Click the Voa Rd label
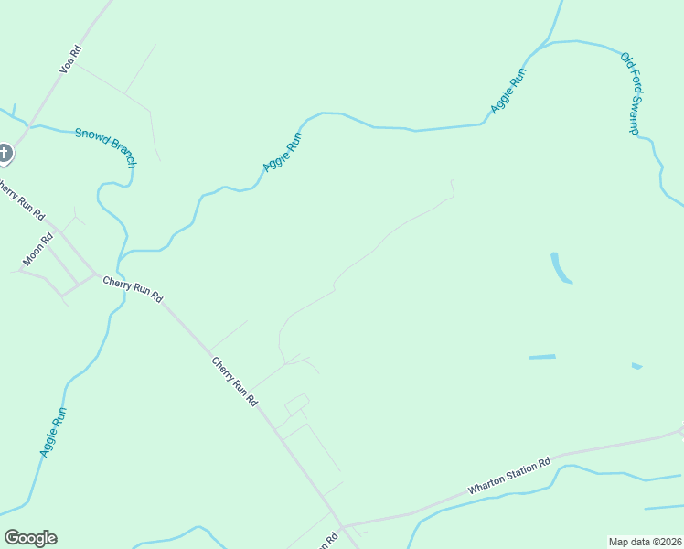[x=70, y=59]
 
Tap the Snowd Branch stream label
[x=105, y=146]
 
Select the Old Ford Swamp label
[x=629, y=93]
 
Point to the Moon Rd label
[x=37, y=250]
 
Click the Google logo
[x=30, y=538]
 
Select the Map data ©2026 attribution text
[x=644, y=542]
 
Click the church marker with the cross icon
[x=5, y=153]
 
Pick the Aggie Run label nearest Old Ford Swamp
[x=508, y=91]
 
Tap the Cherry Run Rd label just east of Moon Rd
[x=133, y=290]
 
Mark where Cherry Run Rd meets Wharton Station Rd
[x=340, y=525]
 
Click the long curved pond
[x=559, y=269]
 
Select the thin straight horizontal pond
[x=542, y=357]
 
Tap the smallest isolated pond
[x=636, y=366]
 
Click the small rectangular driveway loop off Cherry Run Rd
[x=296, y=404]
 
